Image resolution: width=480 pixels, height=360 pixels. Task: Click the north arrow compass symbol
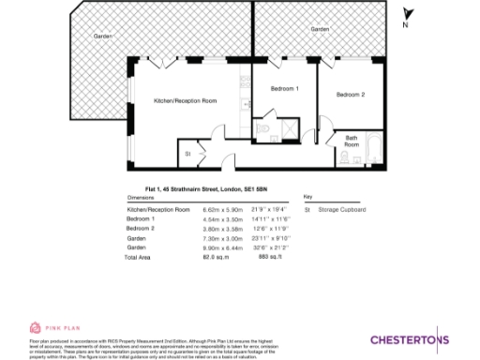407,15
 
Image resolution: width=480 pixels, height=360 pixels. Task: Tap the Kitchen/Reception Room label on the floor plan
185,100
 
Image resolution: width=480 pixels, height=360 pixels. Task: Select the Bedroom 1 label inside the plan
284,88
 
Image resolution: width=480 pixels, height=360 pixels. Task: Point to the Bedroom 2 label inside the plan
350,95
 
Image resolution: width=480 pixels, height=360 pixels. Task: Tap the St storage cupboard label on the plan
187,152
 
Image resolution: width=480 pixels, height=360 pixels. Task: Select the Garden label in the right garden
321,30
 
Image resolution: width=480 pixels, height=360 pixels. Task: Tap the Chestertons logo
410,338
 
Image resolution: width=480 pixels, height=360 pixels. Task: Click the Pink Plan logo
48,329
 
